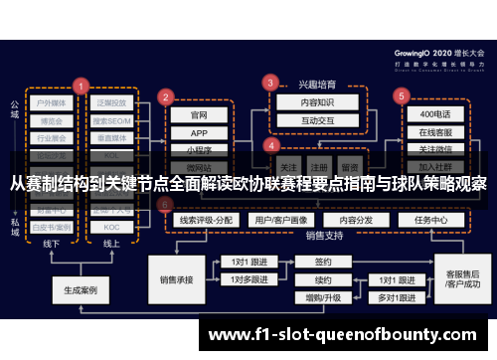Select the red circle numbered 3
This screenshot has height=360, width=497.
pos(269,82)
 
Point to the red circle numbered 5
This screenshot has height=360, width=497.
pos(401,96)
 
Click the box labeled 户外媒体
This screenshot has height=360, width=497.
pos(53,103)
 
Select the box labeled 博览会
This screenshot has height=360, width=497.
pos(53,120)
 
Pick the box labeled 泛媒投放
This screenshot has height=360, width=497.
pos(111,103)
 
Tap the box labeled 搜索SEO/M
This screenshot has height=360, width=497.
pos(111,121)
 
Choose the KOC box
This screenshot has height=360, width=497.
pos(111,227)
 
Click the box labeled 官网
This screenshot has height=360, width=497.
pos(199,114)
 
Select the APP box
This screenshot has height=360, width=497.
pos(199,133)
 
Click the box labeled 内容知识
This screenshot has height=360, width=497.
pos(303,102)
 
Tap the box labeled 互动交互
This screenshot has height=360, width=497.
pos(303,121)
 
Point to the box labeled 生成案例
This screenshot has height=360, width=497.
pos(81,291)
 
